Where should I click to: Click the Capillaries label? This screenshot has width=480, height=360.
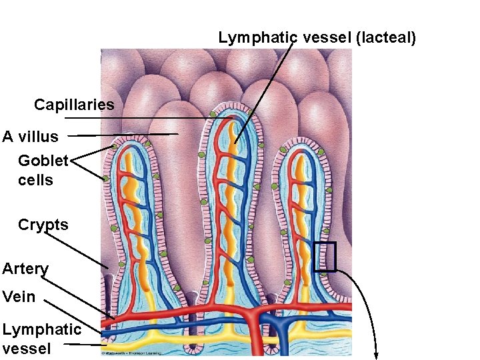[74, 105]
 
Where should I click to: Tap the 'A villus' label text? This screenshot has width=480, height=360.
[31, 137]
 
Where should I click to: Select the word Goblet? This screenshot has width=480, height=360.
[43, 161]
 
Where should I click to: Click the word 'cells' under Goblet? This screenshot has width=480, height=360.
[35, 180]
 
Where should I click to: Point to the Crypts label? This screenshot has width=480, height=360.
[43, 225]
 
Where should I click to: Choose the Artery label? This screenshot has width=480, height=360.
[25, 269]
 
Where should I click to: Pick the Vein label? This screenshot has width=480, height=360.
[19, 297]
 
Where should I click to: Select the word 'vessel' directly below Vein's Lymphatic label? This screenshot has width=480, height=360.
[26, 348]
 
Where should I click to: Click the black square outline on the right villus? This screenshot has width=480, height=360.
[325, 257]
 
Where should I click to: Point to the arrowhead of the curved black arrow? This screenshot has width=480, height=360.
[378, 355]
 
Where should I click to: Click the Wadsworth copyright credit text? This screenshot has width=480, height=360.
[140, 353]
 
